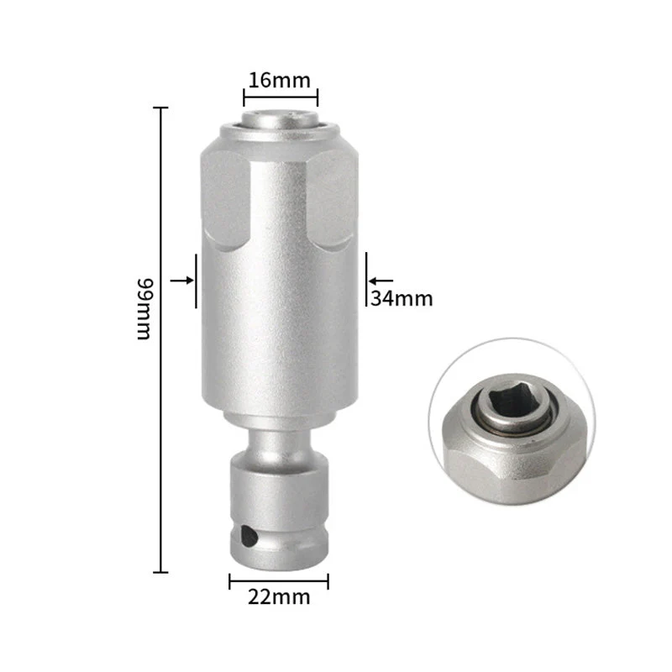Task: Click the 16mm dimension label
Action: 278,81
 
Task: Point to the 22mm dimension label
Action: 278,597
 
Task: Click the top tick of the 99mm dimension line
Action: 160,108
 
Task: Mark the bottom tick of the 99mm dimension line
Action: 160,571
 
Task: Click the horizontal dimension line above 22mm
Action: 279,578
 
